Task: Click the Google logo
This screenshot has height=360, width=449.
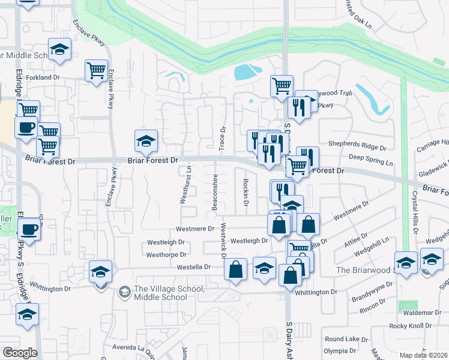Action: coord(20,352)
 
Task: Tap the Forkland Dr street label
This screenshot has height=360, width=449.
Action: coord(43,77)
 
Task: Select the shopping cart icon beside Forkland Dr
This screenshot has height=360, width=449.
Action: coord(96,71)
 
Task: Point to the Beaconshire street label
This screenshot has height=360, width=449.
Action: coord(214,193)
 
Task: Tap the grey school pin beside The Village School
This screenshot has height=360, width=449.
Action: coord(125,292)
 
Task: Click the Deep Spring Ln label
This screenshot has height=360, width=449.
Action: coord(370,163)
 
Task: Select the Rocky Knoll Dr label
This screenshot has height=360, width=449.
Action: coord(411,326)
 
